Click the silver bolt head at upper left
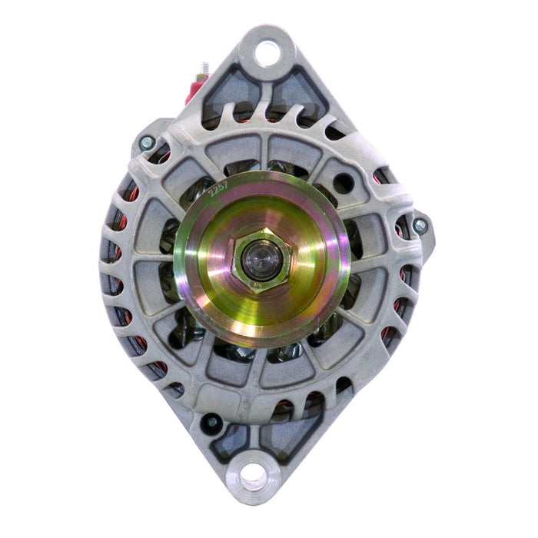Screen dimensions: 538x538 (146, 142)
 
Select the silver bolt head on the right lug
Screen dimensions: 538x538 (420, 226)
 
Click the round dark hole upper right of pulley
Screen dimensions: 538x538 (344, 183)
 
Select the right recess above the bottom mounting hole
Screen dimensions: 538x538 (283, 439)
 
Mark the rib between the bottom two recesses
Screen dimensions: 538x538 (255, 434)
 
